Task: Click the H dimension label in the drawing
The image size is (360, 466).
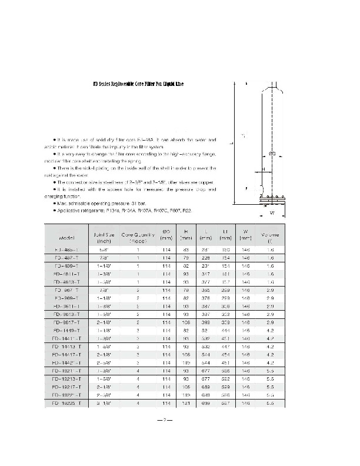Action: point(264,168)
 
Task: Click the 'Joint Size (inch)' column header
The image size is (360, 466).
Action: point(104,237)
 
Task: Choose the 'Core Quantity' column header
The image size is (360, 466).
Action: point(138,237)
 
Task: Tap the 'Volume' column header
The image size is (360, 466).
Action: point(271,237)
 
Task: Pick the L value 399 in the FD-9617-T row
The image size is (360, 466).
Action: point(205,322)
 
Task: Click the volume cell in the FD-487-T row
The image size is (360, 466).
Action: point(271,257)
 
